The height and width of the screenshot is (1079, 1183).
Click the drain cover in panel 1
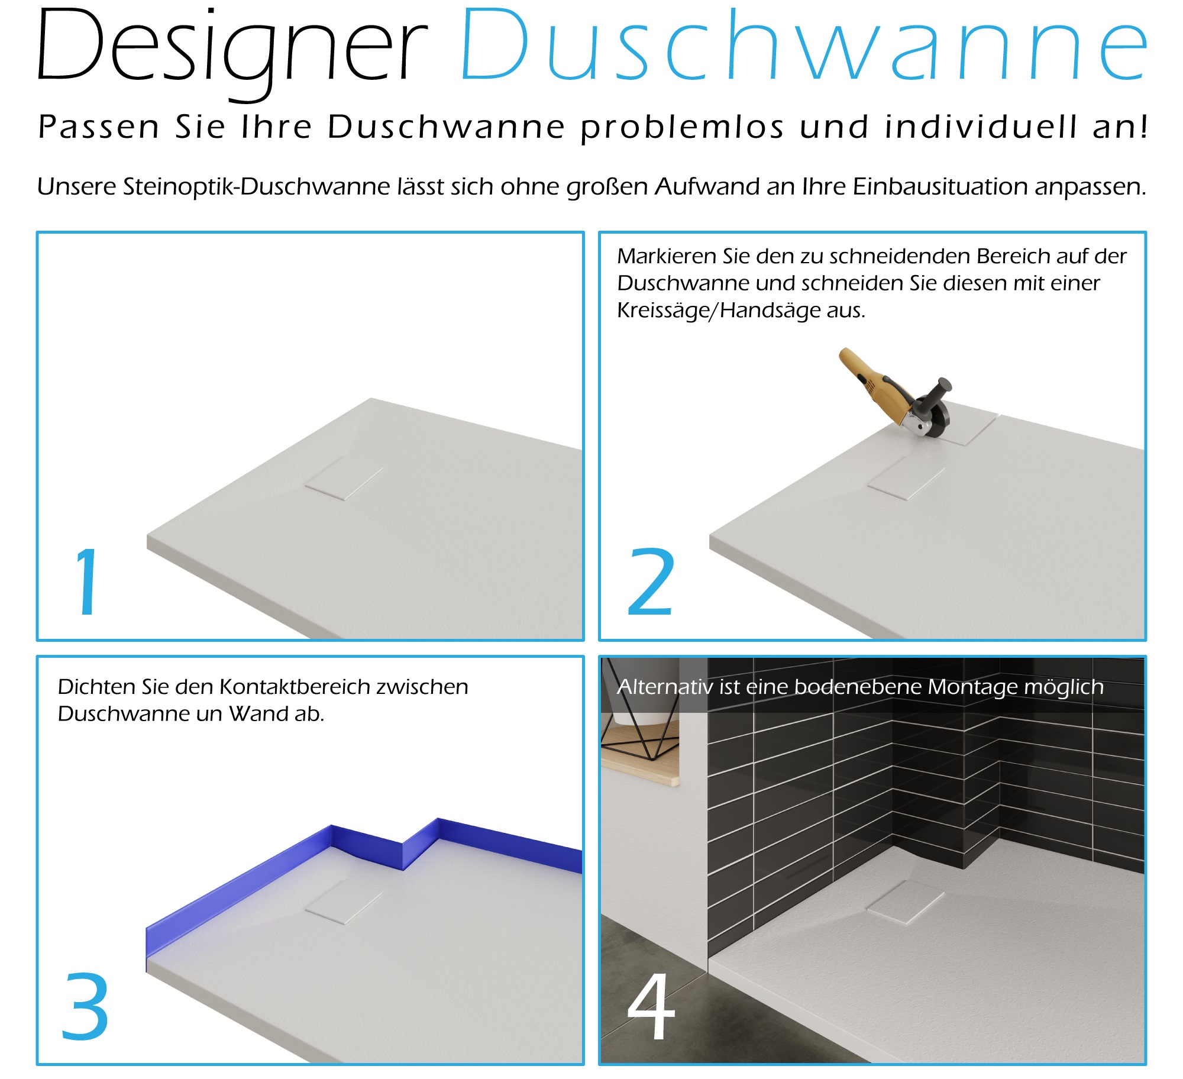point(344,478)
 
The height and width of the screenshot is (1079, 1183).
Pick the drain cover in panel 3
point(344,902)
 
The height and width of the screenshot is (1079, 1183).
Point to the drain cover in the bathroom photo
point(905,902)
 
